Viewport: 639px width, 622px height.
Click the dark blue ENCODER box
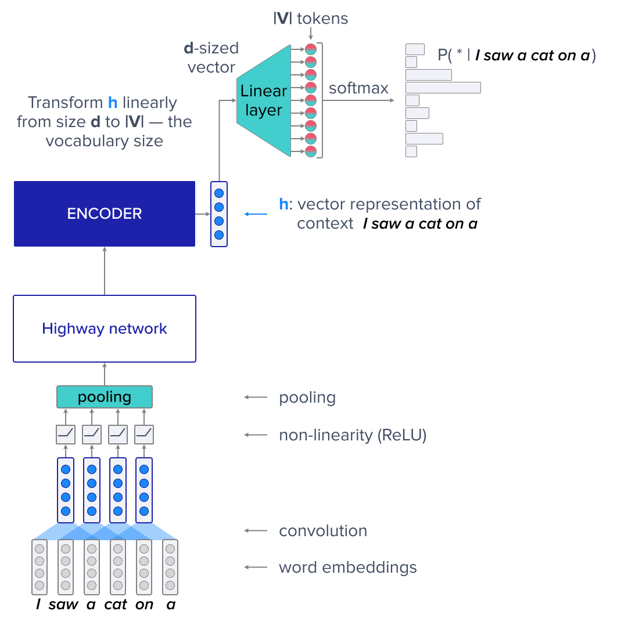click(105, 214)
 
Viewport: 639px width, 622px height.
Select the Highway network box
click(105, 329)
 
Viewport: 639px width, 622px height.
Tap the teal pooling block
click(105, 397)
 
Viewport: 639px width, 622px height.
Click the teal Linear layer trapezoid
click(264, 100)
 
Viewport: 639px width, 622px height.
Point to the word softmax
click(358, 88)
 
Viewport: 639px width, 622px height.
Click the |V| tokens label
click(311, 19)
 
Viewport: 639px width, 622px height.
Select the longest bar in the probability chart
click(443, 88)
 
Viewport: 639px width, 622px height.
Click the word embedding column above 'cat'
click(118, 567)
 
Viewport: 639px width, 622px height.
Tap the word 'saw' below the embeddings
click(63, 605)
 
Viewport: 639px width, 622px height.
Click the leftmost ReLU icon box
click(66, 434)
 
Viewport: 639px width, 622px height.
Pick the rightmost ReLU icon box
click(144, 434)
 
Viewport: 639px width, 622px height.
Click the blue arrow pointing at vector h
click(256, 214)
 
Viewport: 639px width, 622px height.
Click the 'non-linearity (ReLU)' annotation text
click(353, 435)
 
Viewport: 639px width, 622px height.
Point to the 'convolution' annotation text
click(323, 531)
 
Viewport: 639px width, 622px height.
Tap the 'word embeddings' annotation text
click(347, 567)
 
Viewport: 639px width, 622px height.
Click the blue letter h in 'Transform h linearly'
click(113, 103)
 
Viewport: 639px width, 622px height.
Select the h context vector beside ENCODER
click(219, 214)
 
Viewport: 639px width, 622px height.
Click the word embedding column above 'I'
click(40, 567)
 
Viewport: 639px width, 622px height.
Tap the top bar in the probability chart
click(415, 49)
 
